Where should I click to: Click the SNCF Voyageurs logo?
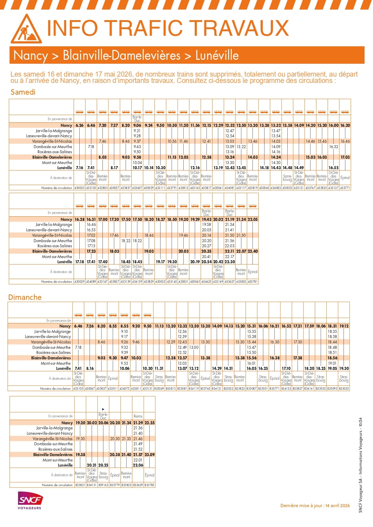coord(30,500)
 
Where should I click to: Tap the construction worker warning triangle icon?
coord(26,29)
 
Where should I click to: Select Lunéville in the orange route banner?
coord(217,56)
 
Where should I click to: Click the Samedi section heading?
coord(23,92)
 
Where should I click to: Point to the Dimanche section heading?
coord(25,297)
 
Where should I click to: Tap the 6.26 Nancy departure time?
coord(80,125)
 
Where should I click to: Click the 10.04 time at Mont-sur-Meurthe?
coord(137,163)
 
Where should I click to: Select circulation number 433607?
coord(137,188)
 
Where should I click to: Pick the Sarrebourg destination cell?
coord(287,178)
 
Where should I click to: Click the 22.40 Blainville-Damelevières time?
coord(253,251)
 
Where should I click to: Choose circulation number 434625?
coord(206,282)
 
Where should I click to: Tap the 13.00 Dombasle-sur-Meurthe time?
coord(194,347)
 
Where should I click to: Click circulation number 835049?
coord(159,388)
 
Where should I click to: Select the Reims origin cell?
coord(138,416)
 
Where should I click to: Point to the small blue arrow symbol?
coord(103,409)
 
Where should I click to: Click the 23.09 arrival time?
coord(150,455)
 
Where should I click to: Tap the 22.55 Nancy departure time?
coord(150,423)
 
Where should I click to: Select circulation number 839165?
coord(103,485)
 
